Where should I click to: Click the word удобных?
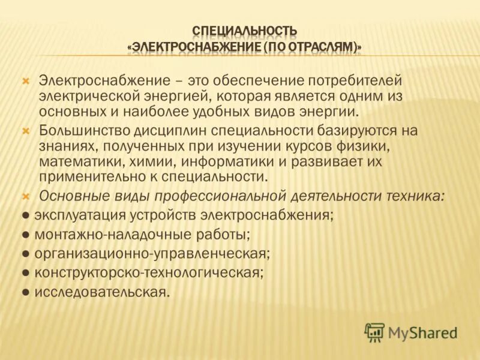[229, 112]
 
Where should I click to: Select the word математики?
[79, 161]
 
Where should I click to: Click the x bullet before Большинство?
[26, 130]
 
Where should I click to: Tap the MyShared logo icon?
[374, 332]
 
